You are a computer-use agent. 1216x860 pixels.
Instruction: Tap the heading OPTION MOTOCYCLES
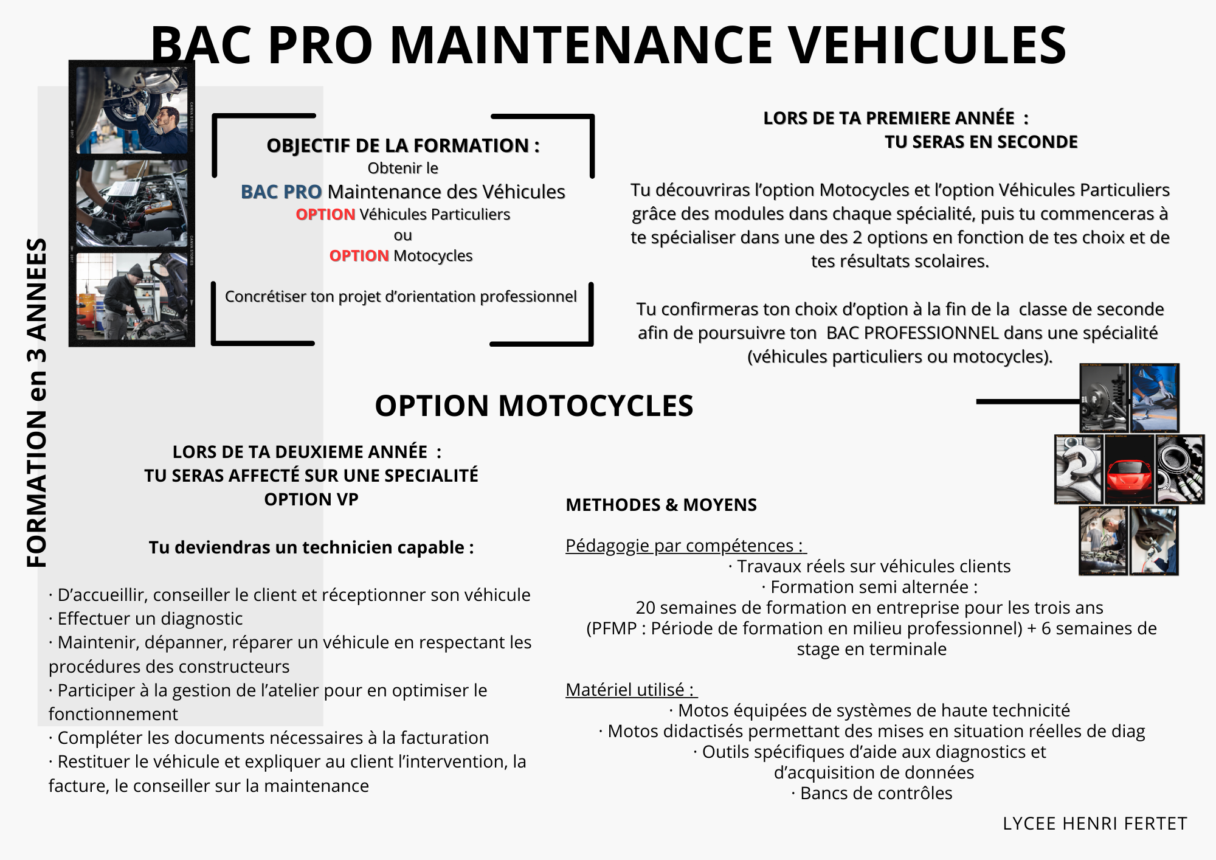pos(534,406)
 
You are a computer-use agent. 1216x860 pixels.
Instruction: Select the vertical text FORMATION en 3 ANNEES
pos(37,403)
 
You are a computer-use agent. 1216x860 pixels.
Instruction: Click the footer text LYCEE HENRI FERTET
pos(1094,824)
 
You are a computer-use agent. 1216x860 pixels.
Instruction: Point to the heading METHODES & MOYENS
pos(661,505)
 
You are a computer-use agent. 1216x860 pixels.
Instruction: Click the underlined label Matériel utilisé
pos(630,690)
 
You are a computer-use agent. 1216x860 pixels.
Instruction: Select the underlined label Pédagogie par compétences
pos(685,546)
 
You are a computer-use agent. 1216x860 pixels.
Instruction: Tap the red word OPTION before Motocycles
pos(359,255)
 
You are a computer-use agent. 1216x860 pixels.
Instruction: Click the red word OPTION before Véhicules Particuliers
pos(325,214)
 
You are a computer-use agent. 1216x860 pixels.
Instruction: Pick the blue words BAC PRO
pos(281,192)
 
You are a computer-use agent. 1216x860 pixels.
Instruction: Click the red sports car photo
pos(1129,470)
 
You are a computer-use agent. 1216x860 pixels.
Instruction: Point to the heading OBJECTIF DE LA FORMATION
pos(403,145)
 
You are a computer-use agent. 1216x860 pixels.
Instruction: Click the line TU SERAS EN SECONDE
pos(981,142)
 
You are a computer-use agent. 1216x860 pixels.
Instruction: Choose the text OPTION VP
pos(311,499)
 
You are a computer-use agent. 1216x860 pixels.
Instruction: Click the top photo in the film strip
pos(132,110)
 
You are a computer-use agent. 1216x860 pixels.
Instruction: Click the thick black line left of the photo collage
pos(1028,401)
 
